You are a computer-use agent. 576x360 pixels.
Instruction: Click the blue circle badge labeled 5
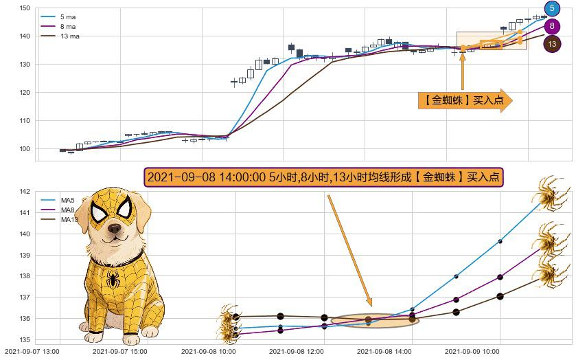552,9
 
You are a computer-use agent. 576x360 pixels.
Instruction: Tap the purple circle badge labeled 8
552,27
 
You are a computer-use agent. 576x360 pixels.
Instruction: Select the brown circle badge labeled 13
552,44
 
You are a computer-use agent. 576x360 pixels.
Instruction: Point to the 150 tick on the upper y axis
24,8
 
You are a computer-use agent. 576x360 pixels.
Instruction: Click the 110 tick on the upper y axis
24,121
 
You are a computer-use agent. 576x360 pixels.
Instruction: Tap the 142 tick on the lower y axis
24,192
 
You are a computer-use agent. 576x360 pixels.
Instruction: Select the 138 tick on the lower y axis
24,276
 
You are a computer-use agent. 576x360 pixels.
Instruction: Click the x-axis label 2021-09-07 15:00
120,351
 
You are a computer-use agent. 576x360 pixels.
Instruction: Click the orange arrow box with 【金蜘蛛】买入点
465,100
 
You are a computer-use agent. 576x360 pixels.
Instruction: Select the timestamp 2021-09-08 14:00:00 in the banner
207,177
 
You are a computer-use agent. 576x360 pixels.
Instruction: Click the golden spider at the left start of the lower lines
227,325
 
